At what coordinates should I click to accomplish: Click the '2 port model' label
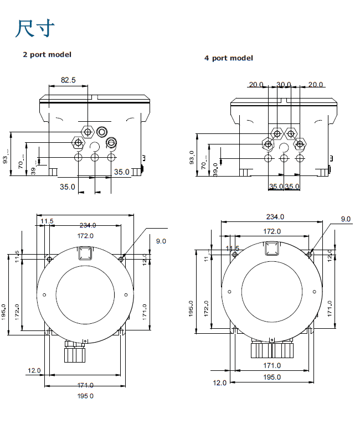point(47,54)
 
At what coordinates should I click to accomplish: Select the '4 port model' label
point(228,58)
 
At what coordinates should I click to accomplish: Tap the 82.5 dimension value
point(68,80)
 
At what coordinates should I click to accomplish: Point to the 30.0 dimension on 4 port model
point(284,85)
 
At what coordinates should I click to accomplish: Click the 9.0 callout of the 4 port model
point(346,219)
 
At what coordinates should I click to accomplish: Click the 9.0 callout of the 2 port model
point(161,241)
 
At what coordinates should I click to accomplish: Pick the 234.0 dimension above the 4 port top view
point(275,216)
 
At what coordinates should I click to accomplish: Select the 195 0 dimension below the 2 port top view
point(85,396)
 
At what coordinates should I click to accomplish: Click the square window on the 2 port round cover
point(85,254)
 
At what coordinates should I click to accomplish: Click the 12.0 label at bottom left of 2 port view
point(34,370)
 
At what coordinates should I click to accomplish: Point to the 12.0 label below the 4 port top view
point(220,382)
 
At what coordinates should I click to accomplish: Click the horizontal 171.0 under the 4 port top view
point(271,365)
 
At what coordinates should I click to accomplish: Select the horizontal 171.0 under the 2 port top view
point(85,385)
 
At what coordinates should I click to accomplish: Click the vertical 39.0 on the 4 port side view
point(215,168)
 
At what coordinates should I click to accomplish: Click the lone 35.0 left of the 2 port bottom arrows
point(67,187)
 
